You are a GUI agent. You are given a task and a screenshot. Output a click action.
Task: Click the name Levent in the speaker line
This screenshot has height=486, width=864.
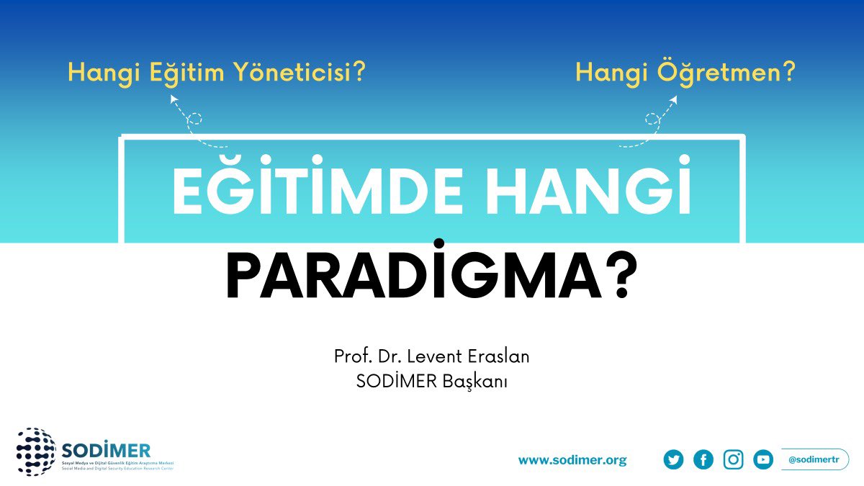point(435,356)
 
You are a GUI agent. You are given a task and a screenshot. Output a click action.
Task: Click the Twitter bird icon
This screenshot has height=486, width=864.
point(673,459)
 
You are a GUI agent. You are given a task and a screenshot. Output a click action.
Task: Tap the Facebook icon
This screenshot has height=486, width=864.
point(703,459)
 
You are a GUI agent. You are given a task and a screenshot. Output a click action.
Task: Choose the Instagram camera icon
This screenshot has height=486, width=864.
point(733,459)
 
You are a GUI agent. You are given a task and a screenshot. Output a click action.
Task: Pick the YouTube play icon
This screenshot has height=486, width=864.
point(763,459)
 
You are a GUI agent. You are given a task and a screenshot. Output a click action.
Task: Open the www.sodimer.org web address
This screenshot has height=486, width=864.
point(572,460)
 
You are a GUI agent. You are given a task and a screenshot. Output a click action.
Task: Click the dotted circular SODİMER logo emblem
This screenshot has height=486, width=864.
point(35,451)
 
